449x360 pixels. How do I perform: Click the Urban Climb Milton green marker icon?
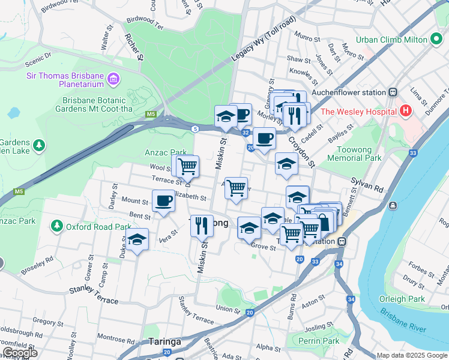pyautogui.click(x=436, y=40)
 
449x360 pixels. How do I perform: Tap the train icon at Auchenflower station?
pyautogui.click(x=393, y=93)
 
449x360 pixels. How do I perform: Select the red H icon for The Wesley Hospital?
pyautogui.click(x=406, y=112)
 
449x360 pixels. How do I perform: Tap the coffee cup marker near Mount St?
pyautogui.click(x=163, y=201)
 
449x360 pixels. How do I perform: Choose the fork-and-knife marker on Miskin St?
pyautogui.click(x=202, y=226)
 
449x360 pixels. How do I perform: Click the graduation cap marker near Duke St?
pyautogui.click(x=137, y=239)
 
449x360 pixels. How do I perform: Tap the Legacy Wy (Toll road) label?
pyautogui.click(x=264, y=44)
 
